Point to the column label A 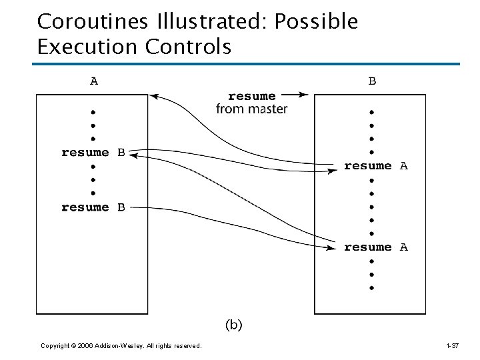94,81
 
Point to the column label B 372,81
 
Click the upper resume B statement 93,152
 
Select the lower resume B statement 93,207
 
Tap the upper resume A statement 375,166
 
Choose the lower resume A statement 375,247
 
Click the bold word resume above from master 251,97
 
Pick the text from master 251,109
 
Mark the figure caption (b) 233,325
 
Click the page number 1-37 451,345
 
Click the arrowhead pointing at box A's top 153,97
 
